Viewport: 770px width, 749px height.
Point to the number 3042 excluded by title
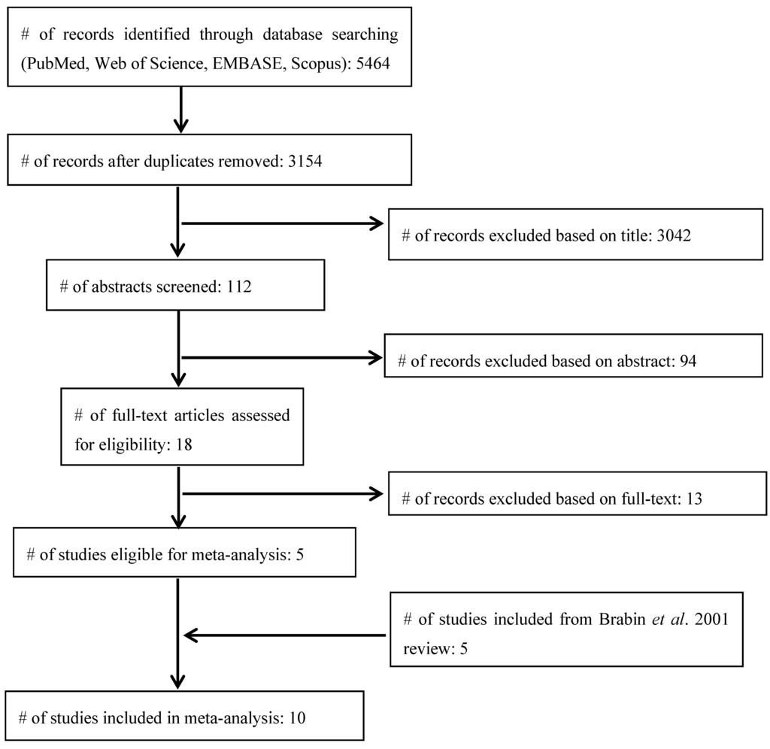point(665,235)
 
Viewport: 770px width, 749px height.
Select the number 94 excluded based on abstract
point(686,361)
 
